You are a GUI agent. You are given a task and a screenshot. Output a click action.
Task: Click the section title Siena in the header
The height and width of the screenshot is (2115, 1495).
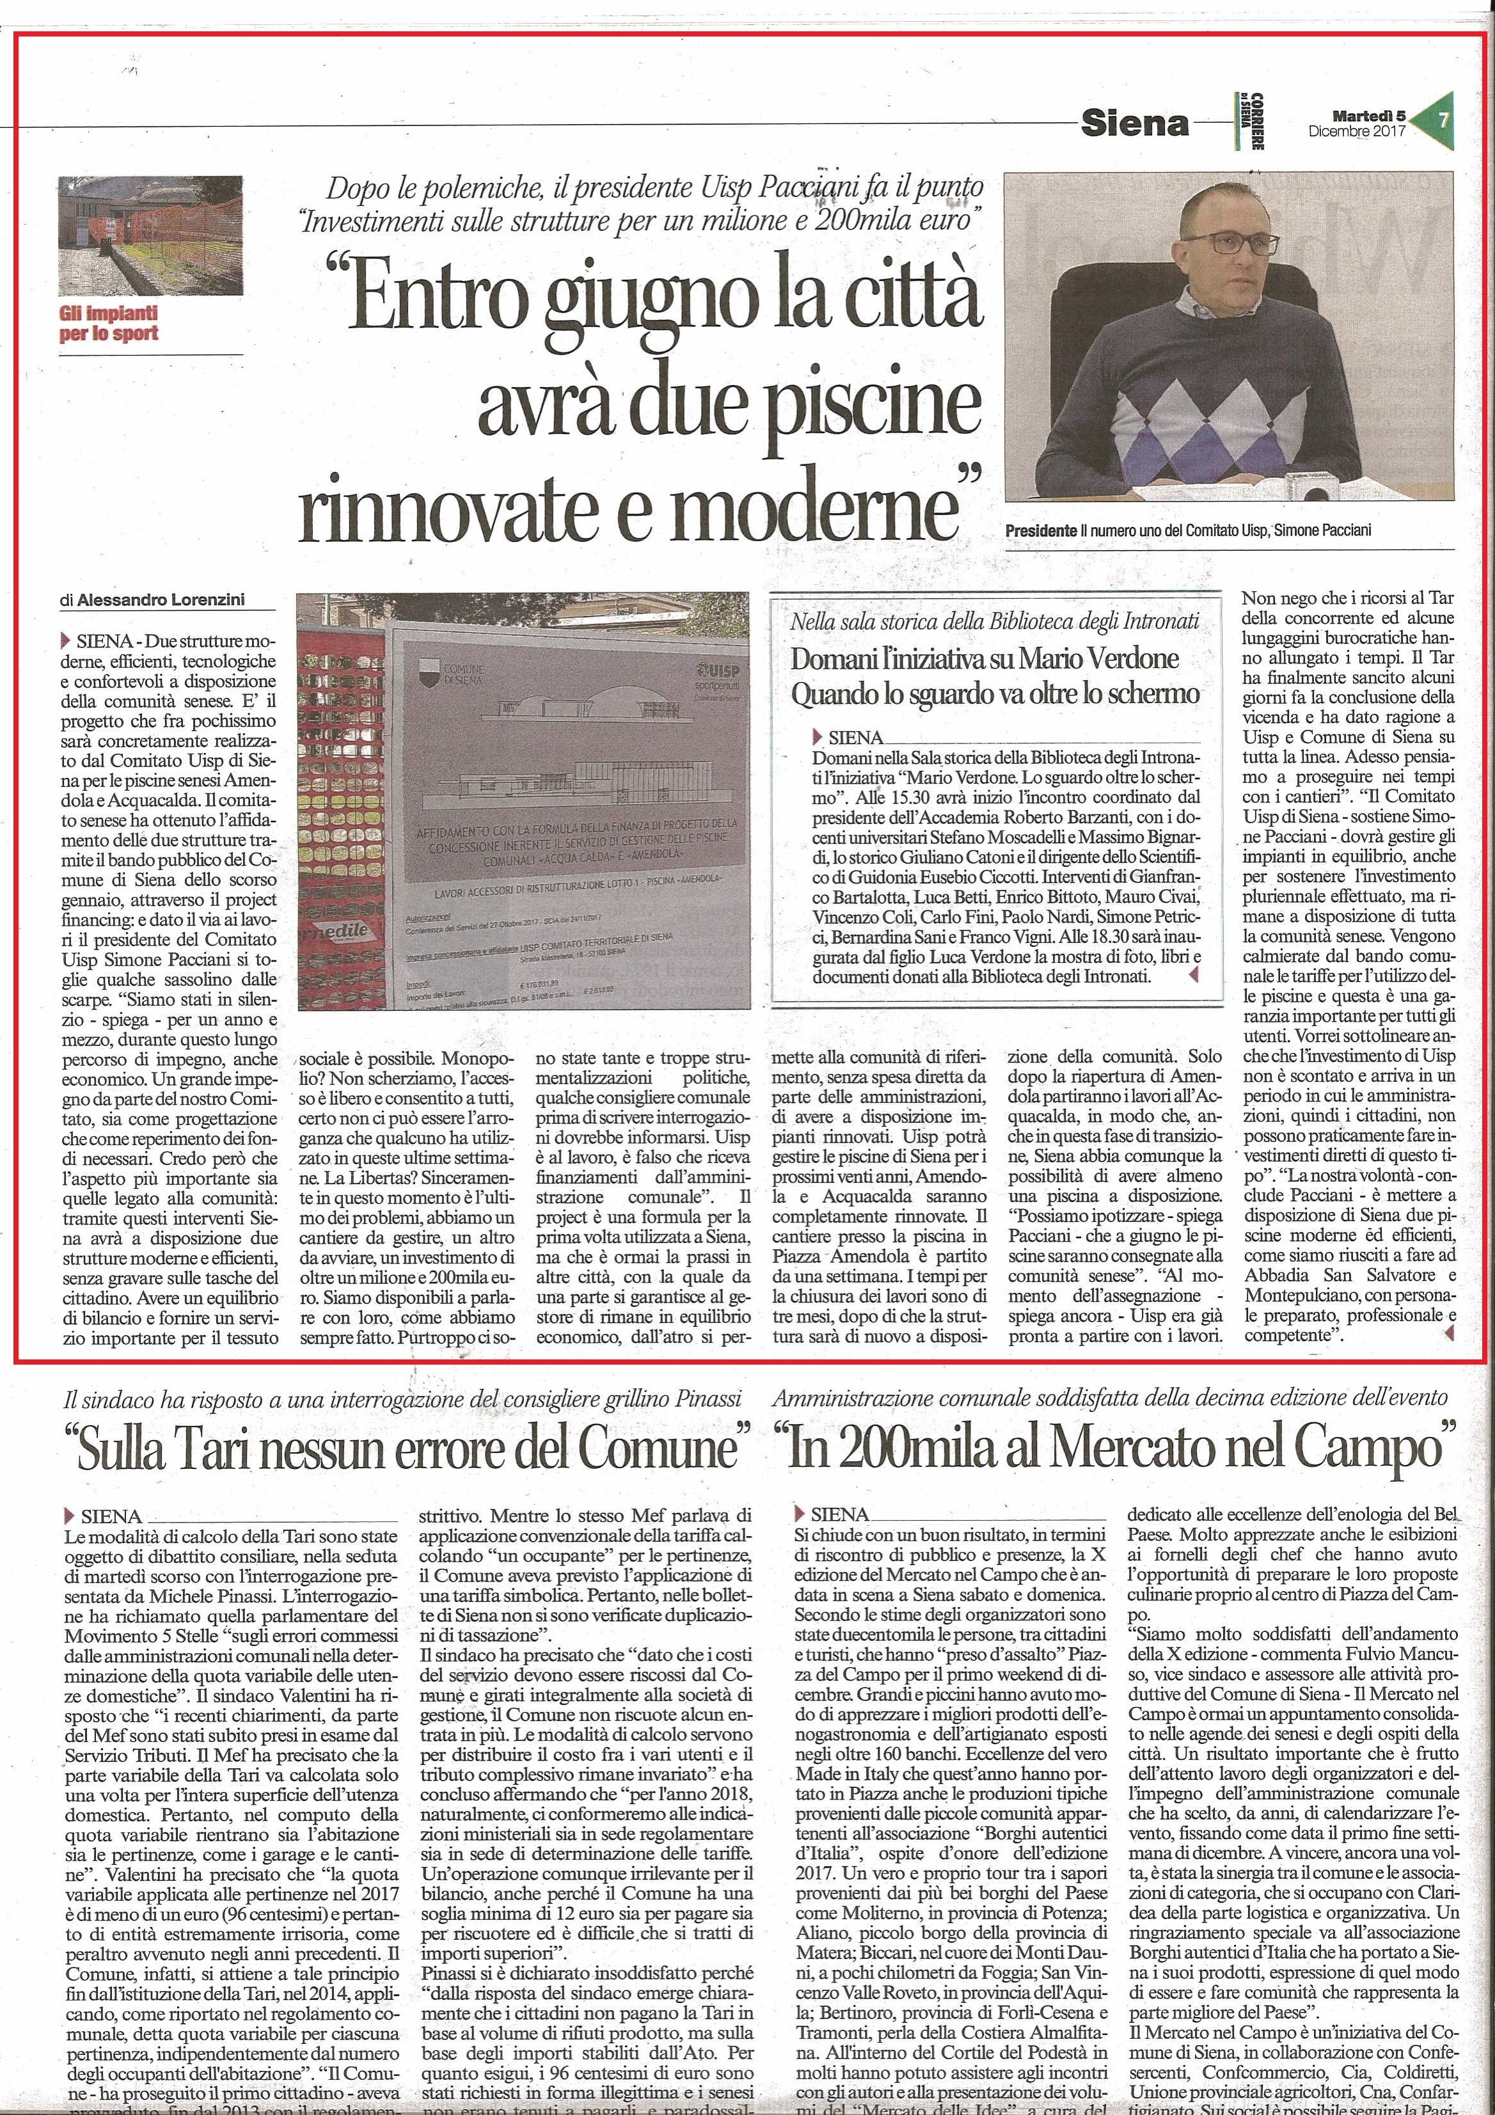[x=1135, y=123]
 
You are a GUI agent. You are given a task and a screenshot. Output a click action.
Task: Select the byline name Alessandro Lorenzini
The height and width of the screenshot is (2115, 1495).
[x=161, y=601]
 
